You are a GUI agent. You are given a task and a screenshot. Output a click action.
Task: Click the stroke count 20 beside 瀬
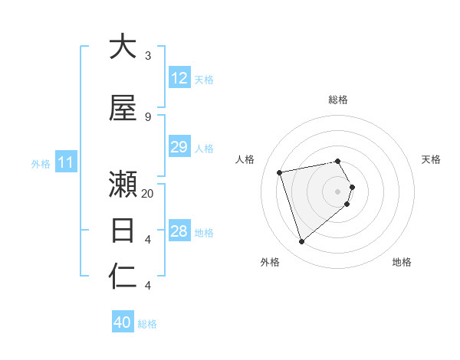point(148,193)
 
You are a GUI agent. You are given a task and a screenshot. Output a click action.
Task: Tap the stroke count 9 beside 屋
point(148,116)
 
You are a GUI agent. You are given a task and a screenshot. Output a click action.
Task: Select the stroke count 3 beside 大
point(148,56)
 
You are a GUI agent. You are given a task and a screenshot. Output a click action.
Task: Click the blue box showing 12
point(179,77)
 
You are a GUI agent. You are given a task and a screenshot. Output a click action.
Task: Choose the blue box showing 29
point(179,147)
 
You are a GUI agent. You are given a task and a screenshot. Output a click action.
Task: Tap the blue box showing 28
point(179,231)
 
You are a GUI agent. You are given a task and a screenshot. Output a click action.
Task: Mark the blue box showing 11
point(66,162)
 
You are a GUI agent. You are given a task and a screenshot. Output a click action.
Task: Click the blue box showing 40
point(123,322)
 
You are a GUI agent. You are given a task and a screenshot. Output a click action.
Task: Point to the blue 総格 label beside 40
point(147,324)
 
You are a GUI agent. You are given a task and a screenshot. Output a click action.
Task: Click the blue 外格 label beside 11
point(41,164)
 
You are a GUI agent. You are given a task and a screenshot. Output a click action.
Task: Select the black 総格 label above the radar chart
point(338,100)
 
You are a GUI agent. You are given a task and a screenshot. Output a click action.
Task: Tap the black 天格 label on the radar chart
point(431,159)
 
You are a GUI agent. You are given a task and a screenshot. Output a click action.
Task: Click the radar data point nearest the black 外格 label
point(302,242)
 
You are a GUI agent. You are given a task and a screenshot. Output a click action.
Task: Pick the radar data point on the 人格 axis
point(280,172)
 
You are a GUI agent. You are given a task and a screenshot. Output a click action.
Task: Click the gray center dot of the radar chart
point(338,191)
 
